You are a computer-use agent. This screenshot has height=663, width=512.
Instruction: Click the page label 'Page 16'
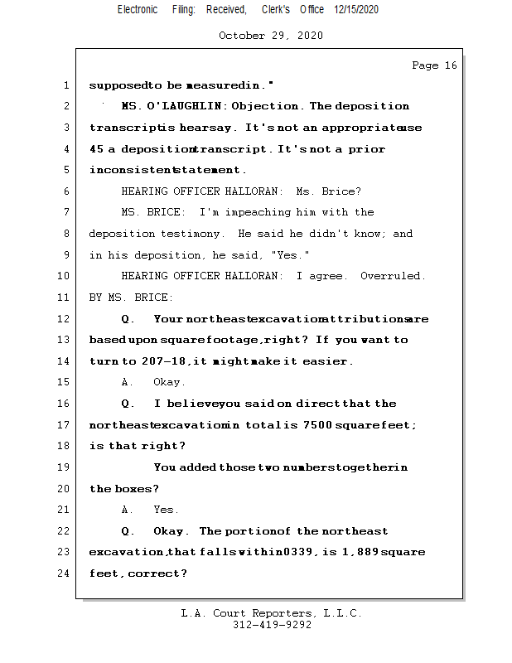pos(434,65)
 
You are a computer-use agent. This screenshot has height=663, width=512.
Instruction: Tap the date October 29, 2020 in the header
pos(271,36)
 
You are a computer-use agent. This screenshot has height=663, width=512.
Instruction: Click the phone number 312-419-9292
pos(272,625)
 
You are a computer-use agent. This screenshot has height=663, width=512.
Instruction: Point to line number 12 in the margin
pos(65,319)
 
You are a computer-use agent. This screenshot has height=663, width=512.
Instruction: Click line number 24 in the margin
pos(65,573)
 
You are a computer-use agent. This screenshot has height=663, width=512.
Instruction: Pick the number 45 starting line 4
pos(96,149)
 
